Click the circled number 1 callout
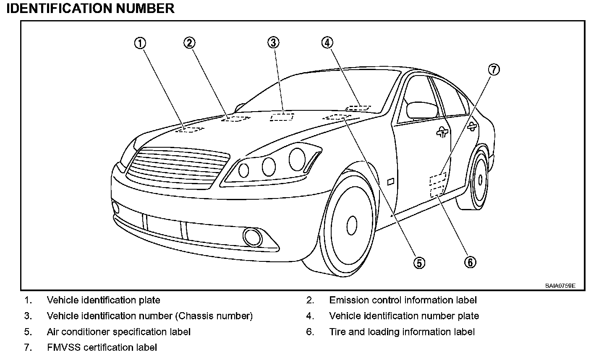pyautogui.click(x=140, y=43)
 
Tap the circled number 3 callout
pyautogui.click(x=273, y=42)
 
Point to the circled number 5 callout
pyautogui.click(x=419, y=262)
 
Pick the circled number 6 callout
pyautogui.click(x=470, y=262)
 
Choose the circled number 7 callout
pyautogui.click(x=494, y=70)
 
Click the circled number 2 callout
pyautogui.click(x=189, y=42)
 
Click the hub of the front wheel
pyautogui.click(x=352, y=223)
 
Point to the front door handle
pyautogui.click(x=442, y=133)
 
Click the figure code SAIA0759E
pyautogui.click(x=560, y=286)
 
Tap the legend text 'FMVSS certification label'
pyautogui.click(x=102, y=347)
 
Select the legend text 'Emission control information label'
pyautogui.click(x=403, y=300)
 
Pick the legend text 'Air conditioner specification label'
pyautogui.click(x=119, y=332)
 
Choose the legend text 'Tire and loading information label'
pyautogui.click(x=402, y=332)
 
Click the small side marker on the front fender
pyautogui.click(x=390, y=182)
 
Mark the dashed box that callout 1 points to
pyautogui.click(x=190, y=129)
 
